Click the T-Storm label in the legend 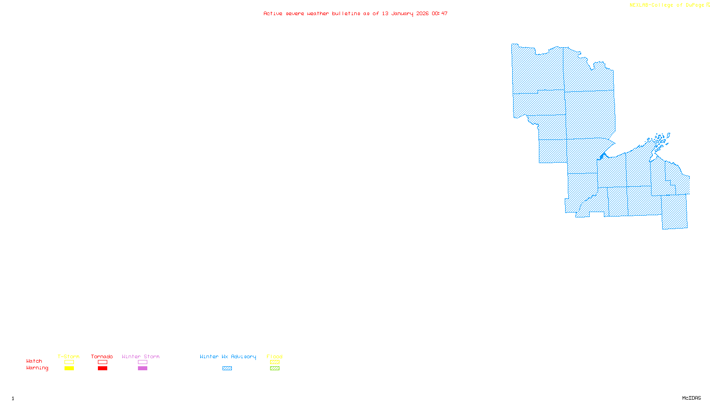pos(69,356)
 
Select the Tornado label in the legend pos(102,356)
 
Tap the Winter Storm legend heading pos(141,356)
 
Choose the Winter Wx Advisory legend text pos(228,356)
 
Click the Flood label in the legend pos(275,356)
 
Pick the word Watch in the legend pos(34,361)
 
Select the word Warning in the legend pos(37,368)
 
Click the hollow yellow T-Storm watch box pos(69,362)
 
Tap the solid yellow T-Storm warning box pos(69,368)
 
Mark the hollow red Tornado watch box pos(102,362)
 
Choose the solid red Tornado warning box pos(102,368)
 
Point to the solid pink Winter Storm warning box pos(142,368)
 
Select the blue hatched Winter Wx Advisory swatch pos(227,368)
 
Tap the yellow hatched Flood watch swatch pos(275,362)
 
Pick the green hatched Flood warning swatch pos(275,368)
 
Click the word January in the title pos(402,13)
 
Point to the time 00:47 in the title pos(440,13)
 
